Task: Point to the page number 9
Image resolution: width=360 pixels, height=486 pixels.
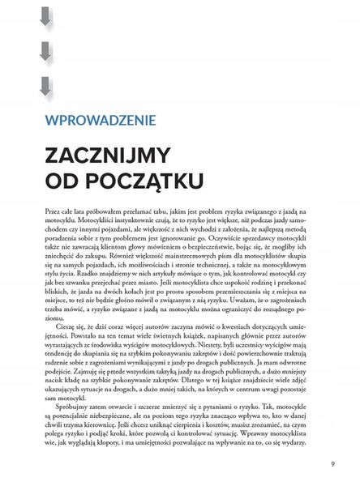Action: [x=333, y=464]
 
